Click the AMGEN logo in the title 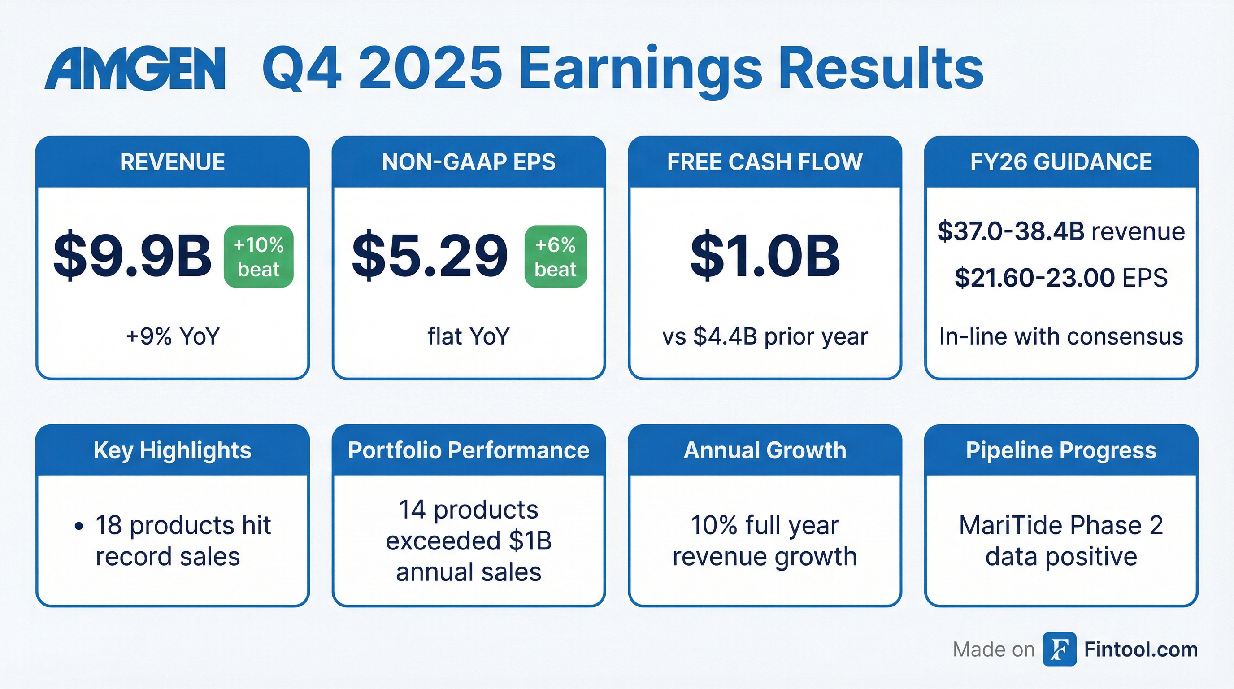pyautogui.click(x=135, y=68)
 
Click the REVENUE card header pyautogui.click(x=173, y=162)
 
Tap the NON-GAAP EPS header pyautogui.click(x=469, y=162)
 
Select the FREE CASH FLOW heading pyautogui.click(x=765, y=162)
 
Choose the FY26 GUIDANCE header pyautogui.click(x=1061, y=162)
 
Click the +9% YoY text pyautogui.click(x=173, y=336)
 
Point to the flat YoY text pyautogui.click(x=469, y=336)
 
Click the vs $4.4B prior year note pyautogui.click(x=765, y=336)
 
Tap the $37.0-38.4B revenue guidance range pyautogui.click(x=1061, y=231)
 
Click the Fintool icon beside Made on pyautogui.click(x=1059, y=649)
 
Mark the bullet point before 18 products pyautogui.click(x=79, y=526)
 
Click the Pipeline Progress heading pyautogui.click(x=1061, y=450)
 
